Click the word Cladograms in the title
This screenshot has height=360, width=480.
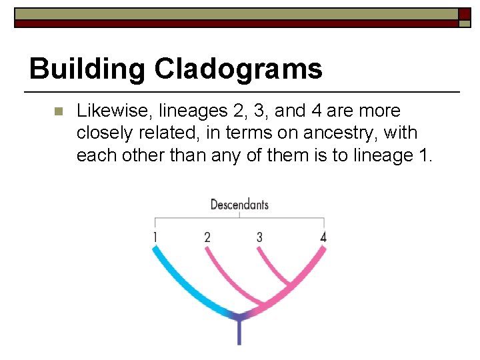click(x=239, y=69)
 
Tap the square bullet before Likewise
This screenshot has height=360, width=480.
click(x=57, y=111)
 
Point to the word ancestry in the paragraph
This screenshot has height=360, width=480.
click(x=337, y=133)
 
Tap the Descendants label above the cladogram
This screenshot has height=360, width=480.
click(x=239, y=204)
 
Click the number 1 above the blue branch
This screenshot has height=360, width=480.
click(x=155, y=237)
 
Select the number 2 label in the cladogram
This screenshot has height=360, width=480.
click(x=207, y=237)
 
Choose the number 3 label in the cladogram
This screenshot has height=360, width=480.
click(x=259, y=237)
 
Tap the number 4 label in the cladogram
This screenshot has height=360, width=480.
click(x=323, y=237)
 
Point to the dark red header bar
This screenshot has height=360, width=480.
click(x=233, y=23)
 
